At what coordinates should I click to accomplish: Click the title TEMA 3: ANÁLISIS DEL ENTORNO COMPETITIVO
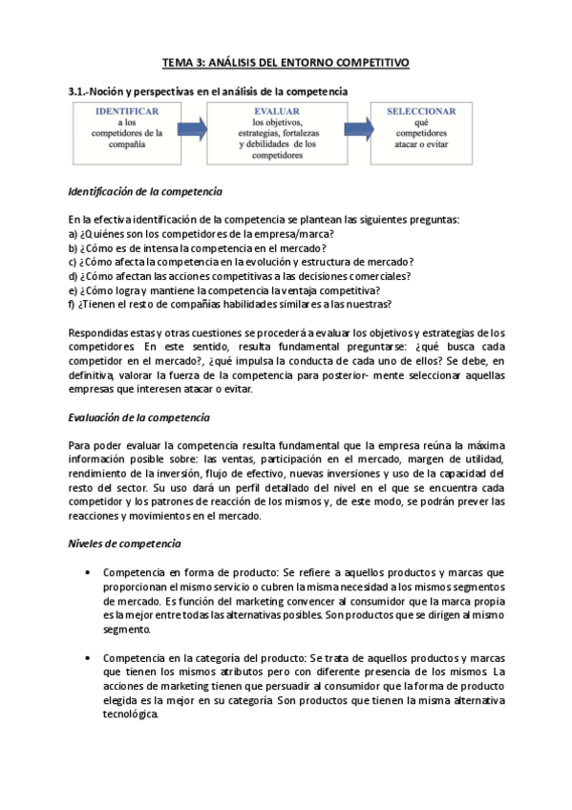286,62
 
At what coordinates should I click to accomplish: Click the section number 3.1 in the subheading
77,91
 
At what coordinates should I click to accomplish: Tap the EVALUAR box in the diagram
277,135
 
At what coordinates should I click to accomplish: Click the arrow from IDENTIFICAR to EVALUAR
191,129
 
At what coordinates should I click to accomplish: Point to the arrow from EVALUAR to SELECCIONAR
358,129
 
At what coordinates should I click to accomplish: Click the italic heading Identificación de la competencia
145,191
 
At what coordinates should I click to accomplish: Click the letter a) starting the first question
74,234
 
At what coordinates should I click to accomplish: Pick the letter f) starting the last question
73,305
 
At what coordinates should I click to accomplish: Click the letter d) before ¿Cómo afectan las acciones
74,277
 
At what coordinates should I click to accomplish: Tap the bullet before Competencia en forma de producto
88,573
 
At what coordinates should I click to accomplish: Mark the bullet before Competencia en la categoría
88,659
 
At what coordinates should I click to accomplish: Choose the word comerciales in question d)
379,277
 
